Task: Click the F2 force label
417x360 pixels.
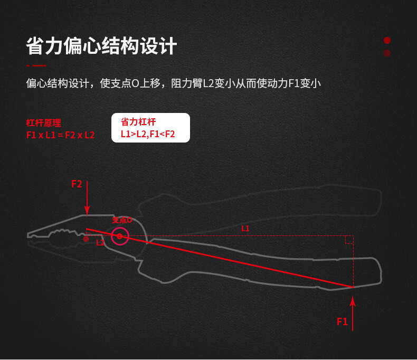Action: (77, 184)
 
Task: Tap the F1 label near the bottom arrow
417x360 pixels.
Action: (342, 321)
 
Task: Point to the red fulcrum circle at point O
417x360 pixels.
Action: (120, 236)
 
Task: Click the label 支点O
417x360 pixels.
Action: (121, 220)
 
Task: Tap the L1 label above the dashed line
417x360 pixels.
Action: (245, 229)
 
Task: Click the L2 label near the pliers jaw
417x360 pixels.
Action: (100, 243)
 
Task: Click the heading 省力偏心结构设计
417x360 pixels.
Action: (101, 46)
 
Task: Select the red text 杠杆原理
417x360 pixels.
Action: (43, 123)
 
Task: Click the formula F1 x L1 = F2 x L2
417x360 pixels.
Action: (60, 135)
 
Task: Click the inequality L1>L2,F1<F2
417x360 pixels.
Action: (147, 134)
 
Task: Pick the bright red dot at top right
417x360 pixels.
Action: (387, 40)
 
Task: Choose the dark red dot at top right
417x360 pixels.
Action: (387, 53)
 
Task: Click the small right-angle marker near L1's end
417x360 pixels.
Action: (349, 240)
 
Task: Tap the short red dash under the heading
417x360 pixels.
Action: (36, 65)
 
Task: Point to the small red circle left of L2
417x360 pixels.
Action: (86, 239)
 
